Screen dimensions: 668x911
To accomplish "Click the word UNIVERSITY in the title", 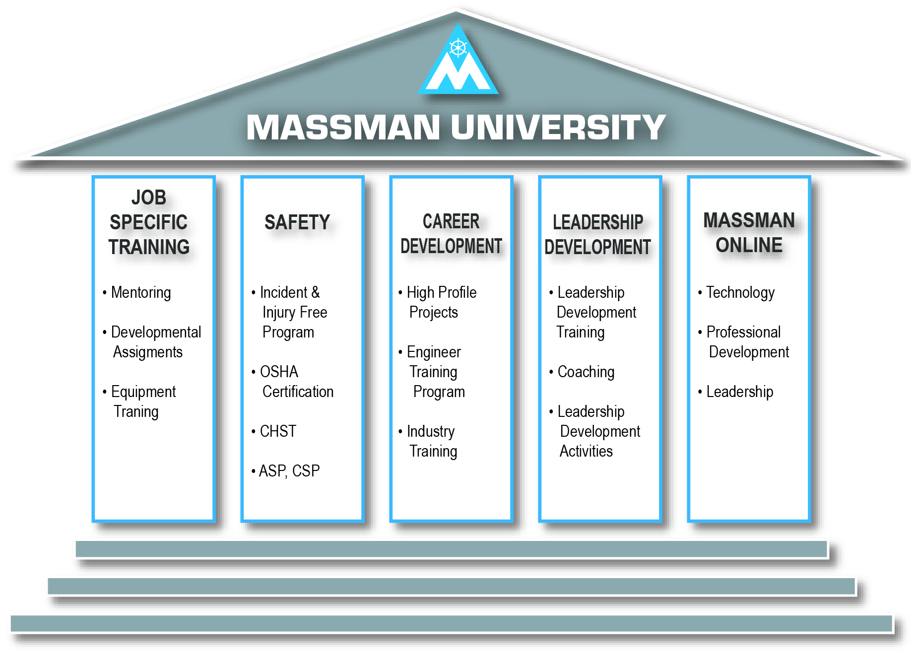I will pyautogui.click(x=558, y=128).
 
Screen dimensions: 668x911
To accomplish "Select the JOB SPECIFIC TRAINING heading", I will pyautogui.click(x=149, y=222).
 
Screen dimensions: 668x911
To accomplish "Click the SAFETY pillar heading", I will pyautogui.click(x=297, y=222).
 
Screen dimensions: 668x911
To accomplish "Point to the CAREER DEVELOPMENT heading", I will pyautogui.click(x=451, y=234).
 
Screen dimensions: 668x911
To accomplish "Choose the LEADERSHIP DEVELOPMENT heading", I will pyautogui.click(x=598, y=234).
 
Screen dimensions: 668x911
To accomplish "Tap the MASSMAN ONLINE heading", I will pyautogui.click(x=749, y=232).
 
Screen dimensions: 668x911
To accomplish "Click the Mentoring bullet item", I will pyautogui.click(x=141, y=292).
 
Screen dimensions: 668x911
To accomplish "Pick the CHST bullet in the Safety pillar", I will pyautogui.click(x=278, y=431).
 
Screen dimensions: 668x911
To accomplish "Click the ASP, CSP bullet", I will pyautogui.click(x=289, y=470).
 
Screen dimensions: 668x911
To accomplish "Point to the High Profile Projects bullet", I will pyautogui.click(x=441, y=302).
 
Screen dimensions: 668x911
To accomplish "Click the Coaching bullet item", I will pyautogui.click(x=586, y=372).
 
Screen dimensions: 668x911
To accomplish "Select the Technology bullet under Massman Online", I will pyautogui.click(x=740, y=292).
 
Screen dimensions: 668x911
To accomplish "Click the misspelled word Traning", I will pyautogui.click(x=136, y=411).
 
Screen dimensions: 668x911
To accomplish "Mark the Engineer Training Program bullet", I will pyautogui.click(x=435, y=372).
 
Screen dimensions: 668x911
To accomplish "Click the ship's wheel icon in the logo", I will pyautogui.click(x=458, y=48).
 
